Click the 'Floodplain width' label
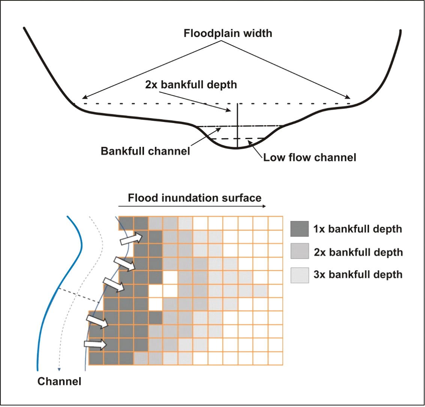click(x=228, y=33)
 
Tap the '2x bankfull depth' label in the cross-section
click(x=191, y=85)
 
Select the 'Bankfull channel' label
click(x=145, y=151)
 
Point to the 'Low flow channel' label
click(x=310, y=157)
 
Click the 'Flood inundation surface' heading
click(x=195, y=198)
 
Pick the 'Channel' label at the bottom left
click(x=59, y=381)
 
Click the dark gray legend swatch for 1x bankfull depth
click(x=299, y=229)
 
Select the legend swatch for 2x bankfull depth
click(x=299, y=251)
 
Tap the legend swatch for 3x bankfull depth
click(x=299, y=275)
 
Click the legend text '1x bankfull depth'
click(x=357, y=229)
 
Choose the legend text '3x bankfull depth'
click(x=358, y=275)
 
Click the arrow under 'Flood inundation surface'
click(x=192, y=206)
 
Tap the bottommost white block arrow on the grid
click(x=95, y=344)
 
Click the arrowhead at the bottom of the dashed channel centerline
click(x=59, y=369)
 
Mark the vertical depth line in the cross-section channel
click(x=237, y=126)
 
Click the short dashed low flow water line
click(x=238, y=139)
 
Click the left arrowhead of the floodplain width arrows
click(x=84, y=97)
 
